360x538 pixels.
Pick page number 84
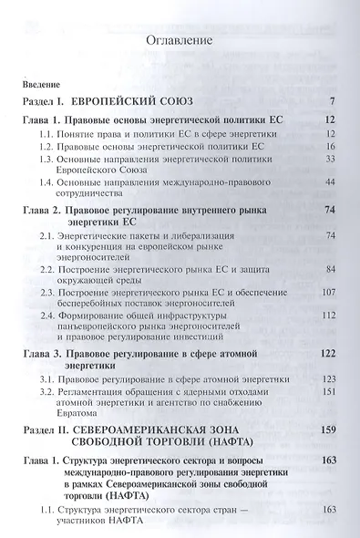(x=333, y=271)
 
